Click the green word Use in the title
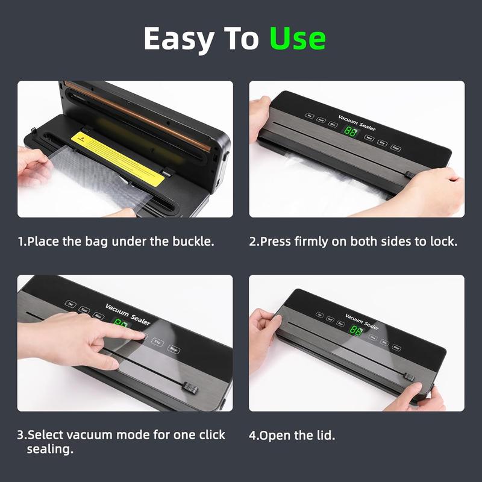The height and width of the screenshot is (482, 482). (298, 39)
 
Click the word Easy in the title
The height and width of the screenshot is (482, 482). (179, 39)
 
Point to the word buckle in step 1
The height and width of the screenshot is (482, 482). (193, 242)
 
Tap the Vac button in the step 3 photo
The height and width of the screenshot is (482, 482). (72, 304)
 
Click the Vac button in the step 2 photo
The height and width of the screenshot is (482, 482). (310, 115)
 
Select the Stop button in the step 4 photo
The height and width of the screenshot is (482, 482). (396, 347)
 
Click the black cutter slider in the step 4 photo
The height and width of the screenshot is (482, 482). (409, 377)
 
